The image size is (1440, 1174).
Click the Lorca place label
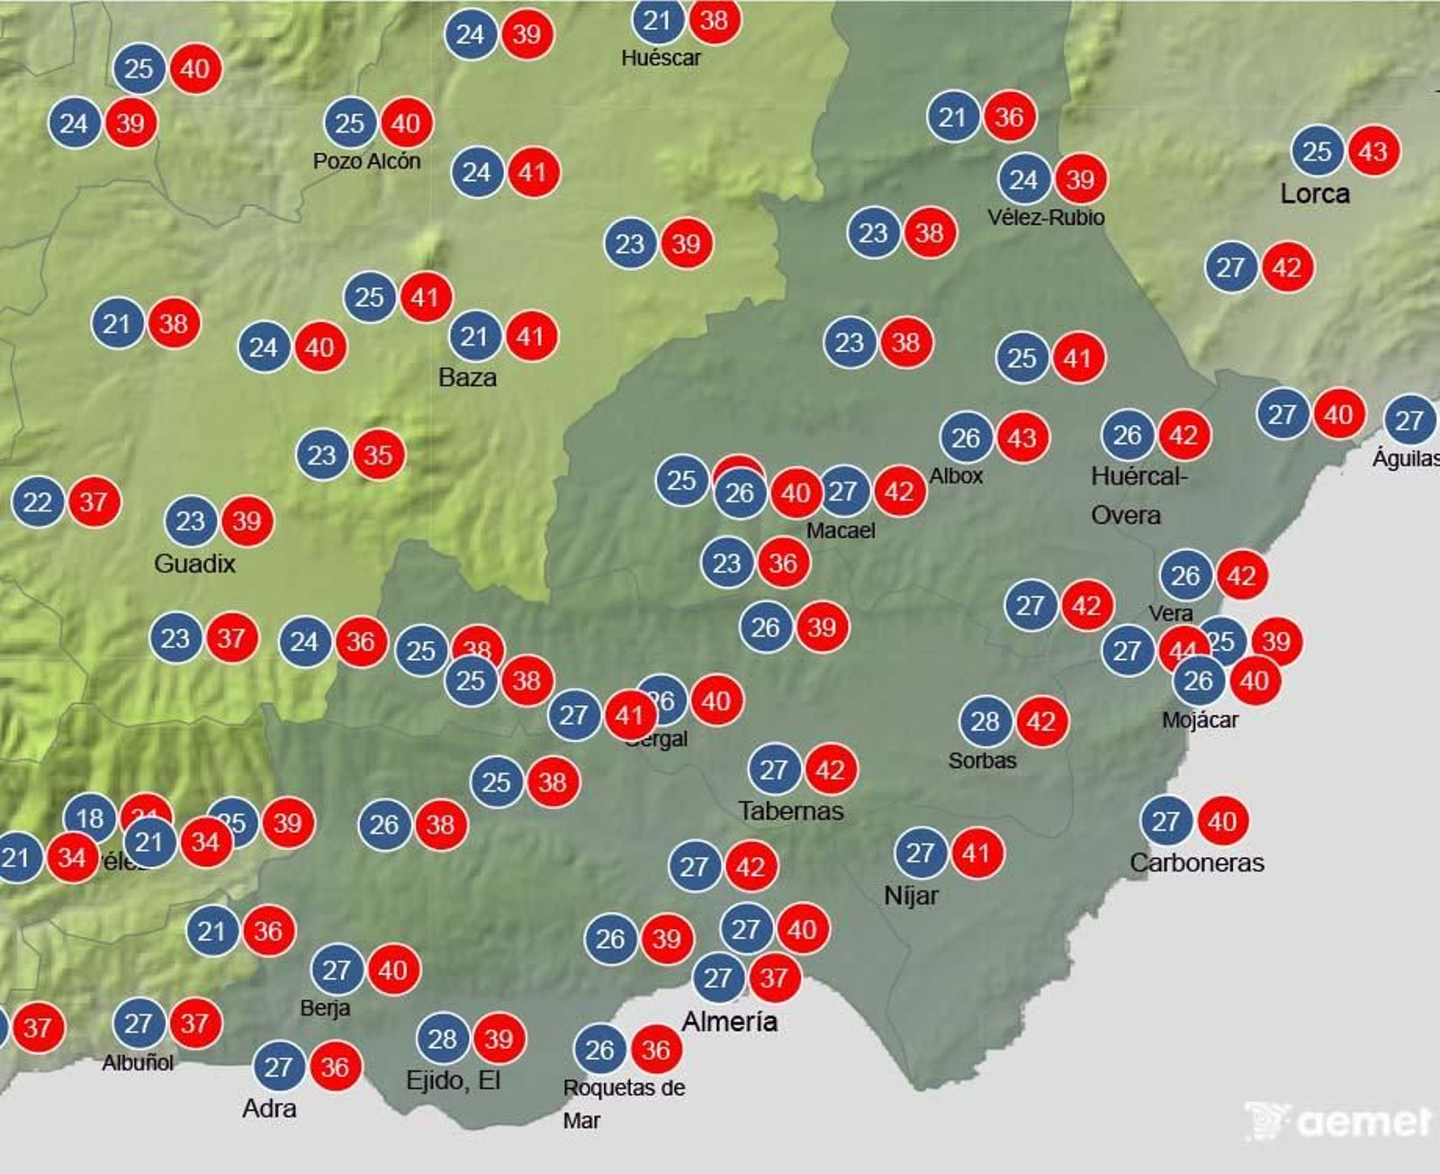pyautogui.click(x=1315, y=194)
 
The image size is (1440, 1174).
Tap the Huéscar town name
pyautogui.click(x=661, y=59)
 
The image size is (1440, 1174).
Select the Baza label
pyautogui.click(x=467, y=377)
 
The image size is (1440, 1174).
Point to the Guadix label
pyautogui.click(x=194, y=564)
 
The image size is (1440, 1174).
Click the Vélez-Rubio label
pyautogui.click(x=1046, y=218)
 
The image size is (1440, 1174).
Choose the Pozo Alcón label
pyautogui.click(x=366, y=161)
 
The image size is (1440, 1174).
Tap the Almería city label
pyautogui.click(x=729, y=1022)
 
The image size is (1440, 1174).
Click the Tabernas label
pyautogui.click(x=791, y=811)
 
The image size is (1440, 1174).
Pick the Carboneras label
pyautogui.click(x=1197, y=862)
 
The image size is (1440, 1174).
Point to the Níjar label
pyautogui.click(x=911, y=896)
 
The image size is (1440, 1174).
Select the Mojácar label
pyautogui.click(x=1200, y=720)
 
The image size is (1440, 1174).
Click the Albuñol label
pyautogui.click(x=138, y=1063)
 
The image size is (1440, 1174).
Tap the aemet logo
pyautogui.click(x=1339, y=1122)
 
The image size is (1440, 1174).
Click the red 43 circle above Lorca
pyautogui.click(x=1372, y=151)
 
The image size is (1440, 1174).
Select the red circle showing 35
pyautogui.click(x=378, y=455)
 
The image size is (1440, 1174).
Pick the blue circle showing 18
pyautogui.click(x=90, y=818)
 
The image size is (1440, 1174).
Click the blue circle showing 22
pyautogui.click(x=38, y=501)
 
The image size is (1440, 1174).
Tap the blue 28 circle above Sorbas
pyautogui.click(x=985, y=721)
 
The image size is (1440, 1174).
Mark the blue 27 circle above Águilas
pyautogui.click(x=1409, y=420)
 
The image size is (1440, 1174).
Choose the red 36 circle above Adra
pyautogui.click(x=335, y=1067)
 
